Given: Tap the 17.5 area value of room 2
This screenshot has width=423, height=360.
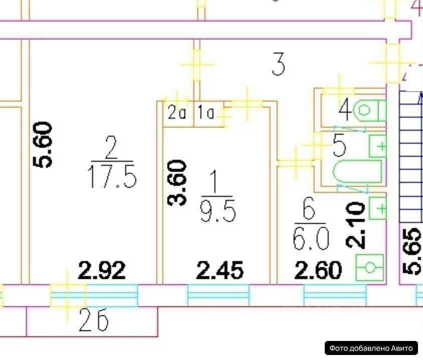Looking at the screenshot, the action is pos(112,177).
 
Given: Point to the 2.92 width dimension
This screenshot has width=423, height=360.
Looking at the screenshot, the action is pos(102,271).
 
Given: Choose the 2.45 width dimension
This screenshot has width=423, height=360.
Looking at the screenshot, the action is pos(220,271).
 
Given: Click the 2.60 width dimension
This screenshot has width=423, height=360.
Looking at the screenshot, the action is pos(317,271).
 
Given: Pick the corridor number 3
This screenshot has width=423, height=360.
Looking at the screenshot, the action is pos(279,64).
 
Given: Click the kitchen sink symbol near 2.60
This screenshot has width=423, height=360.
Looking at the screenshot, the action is pos(370,267).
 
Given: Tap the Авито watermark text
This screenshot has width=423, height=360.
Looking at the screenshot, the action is pos(371,347).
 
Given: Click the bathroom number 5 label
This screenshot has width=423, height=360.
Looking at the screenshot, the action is pos(340,146).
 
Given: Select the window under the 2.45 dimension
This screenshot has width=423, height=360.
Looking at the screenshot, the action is pos(218,295).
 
